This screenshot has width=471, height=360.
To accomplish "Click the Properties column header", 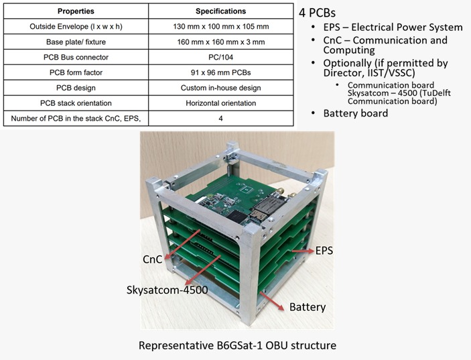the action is (x=76, y=11).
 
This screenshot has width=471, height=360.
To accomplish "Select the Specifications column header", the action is (x=221, y=11).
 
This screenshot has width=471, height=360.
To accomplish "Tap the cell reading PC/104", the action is (x=221, y=57).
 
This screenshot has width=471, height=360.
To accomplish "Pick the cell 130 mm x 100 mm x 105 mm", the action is (x=221, y=26).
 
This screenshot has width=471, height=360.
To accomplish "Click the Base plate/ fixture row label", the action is (x=76, y=42).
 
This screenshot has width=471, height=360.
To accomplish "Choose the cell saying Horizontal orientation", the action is (x=221, y=103).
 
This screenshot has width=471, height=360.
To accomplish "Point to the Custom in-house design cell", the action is (x=221, y=88).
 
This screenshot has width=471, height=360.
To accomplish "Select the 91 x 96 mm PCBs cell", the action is (x=221, y=72).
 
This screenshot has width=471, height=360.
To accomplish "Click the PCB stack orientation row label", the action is (x=76, y=103).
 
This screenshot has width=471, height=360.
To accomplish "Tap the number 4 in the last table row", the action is (x=221, y=119).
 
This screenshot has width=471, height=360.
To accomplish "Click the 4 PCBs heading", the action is (x=317, y=13).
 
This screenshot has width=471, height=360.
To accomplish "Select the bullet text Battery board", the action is (x=356, y=113).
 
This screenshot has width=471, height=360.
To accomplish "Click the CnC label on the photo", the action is (x=152, y=259).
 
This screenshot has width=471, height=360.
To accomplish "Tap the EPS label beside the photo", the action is (x=324, y=251).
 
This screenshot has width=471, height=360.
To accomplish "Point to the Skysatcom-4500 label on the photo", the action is (x=167, y=290).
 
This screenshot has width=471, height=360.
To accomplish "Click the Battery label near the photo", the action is (x=308, y=307).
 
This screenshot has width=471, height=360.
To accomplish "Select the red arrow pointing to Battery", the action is (x=272, y=301).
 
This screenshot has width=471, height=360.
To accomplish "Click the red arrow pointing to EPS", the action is (x=303, y=251).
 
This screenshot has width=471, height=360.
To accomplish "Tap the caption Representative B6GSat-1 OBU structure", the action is (x=237, y=345).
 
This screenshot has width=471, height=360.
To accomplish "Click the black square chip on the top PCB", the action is (x=237, y=217).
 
